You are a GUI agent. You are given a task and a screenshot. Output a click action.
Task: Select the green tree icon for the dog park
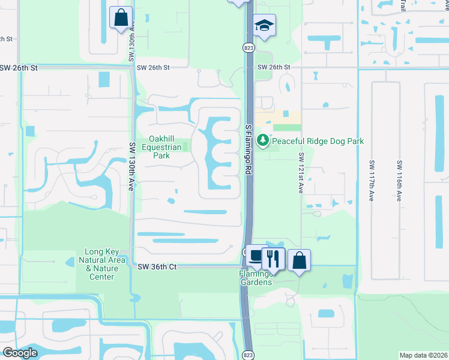pos(262,141)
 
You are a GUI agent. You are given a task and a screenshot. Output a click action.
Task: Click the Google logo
pos(20,353)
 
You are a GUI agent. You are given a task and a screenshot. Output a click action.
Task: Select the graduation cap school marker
pos(264,26)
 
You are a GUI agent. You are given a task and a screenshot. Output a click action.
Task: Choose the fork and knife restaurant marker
pos(273,258)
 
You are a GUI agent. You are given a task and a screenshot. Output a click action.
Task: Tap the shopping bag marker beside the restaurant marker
pos(299,260)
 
